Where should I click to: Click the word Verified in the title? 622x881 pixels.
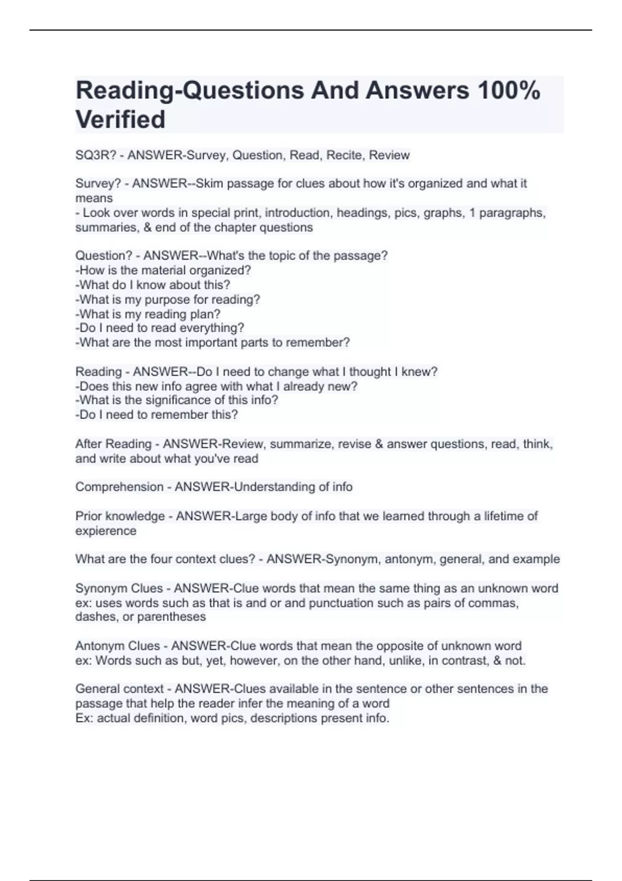coord(120,119)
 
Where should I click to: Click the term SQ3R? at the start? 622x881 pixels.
coord(95,155)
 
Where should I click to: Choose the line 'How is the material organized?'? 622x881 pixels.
coord(163,270)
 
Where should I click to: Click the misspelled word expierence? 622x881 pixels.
coord(106,531)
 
